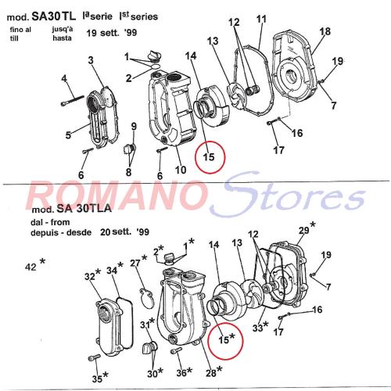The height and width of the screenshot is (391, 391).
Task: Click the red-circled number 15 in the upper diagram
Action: (x=209, y=157)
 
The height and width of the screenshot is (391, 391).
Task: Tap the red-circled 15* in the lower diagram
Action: (x=227, y=339)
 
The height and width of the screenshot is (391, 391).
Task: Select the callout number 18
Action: (x=325, y=31)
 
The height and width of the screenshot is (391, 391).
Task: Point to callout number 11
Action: (x=261, y=19)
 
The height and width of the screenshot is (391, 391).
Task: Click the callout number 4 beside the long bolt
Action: (x=64, y=78)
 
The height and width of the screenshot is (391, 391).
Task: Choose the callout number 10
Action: (x=181, y=170)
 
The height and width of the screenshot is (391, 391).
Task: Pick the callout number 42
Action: (x=30, y=267)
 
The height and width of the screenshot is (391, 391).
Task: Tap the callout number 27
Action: (x=135, y=263)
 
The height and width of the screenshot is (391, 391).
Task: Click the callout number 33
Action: (x=257, y=328)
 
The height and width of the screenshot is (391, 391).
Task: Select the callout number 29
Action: (x=303, y=230)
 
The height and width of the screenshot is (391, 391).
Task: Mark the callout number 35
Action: (x=97, y=378)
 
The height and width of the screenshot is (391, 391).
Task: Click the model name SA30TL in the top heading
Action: (x=53, y=16)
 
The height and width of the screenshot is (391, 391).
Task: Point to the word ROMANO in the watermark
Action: (x=116, y=195)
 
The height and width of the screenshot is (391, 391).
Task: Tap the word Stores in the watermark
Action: (x=288, y=194)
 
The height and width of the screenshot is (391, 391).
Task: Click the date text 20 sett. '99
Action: (x=124, y=231)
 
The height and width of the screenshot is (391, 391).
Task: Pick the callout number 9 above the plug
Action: (x=134, y=127)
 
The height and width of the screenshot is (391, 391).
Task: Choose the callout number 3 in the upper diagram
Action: (x=91, y=60)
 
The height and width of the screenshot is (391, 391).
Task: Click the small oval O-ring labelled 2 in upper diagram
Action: (x=156, y=66)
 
